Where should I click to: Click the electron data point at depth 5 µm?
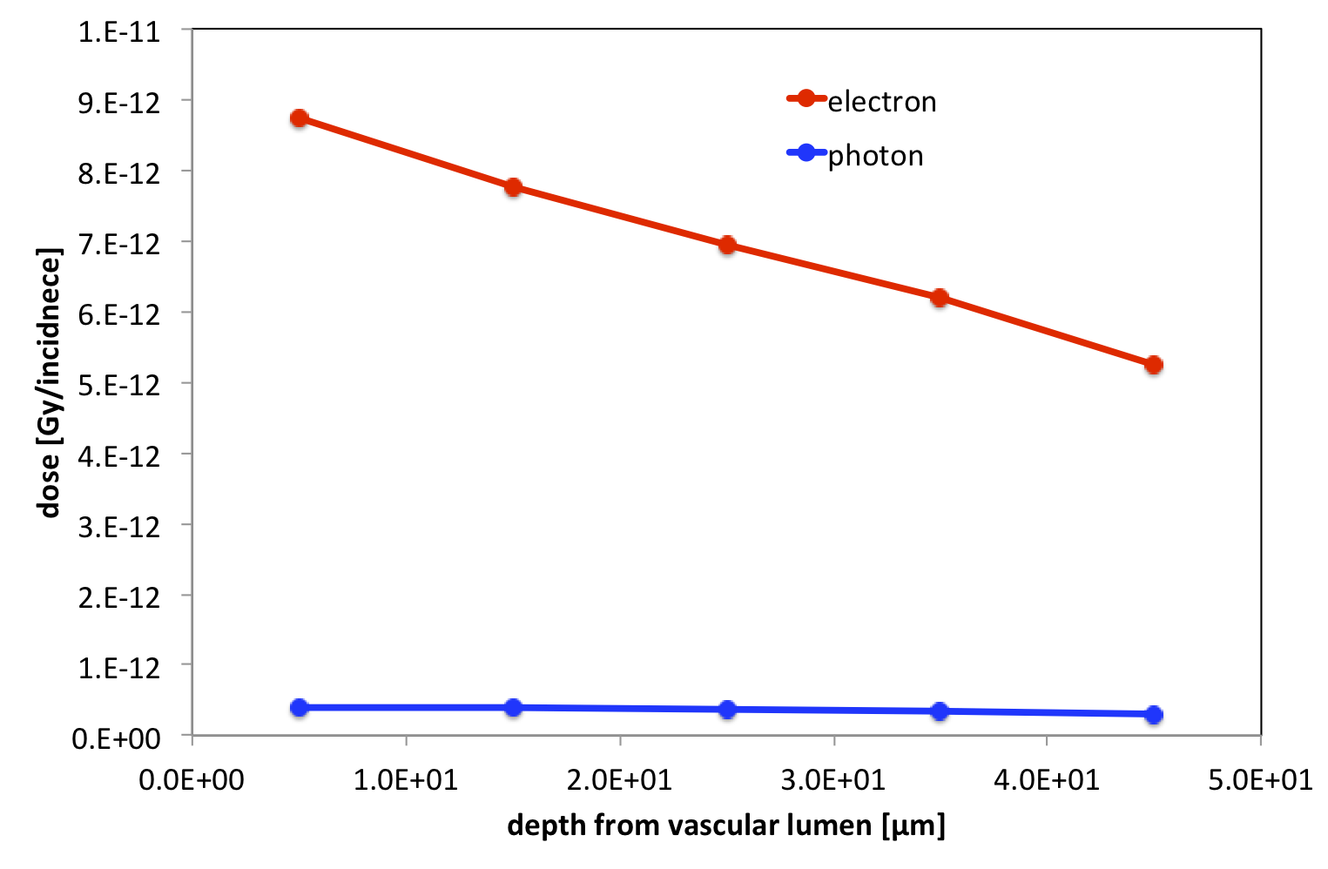tap(300, 118)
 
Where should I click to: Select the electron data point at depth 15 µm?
tap(513, 187)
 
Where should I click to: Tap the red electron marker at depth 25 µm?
tap(727, 245)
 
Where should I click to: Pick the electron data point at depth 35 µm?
tap(940, 298)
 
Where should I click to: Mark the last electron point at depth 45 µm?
tap(1154, 365)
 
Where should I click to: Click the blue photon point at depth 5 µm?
tap(300, 707)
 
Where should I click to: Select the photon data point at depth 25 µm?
tap(727, 710)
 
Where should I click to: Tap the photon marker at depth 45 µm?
tap(1154, 715)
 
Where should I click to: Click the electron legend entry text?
tap(881, 102)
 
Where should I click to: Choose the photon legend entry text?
tap(875, 156)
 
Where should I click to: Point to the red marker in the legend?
tap(806, 98)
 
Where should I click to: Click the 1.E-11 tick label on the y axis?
tap(119, 32)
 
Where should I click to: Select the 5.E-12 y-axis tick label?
tap(119, 384)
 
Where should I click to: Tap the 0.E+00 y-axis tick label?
tap(117, 738)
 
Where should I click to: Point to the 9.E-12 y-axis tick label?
tap(119, 103)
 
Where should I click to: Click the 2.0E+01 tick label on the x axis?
tap(619, 779)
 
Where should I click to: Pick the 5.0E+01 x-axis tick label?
tap(1260, 779)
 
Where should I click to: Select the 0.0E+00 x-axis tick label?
tap(192, 779)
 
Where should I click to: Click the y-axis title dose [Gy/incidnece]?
tap(51, 383)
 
